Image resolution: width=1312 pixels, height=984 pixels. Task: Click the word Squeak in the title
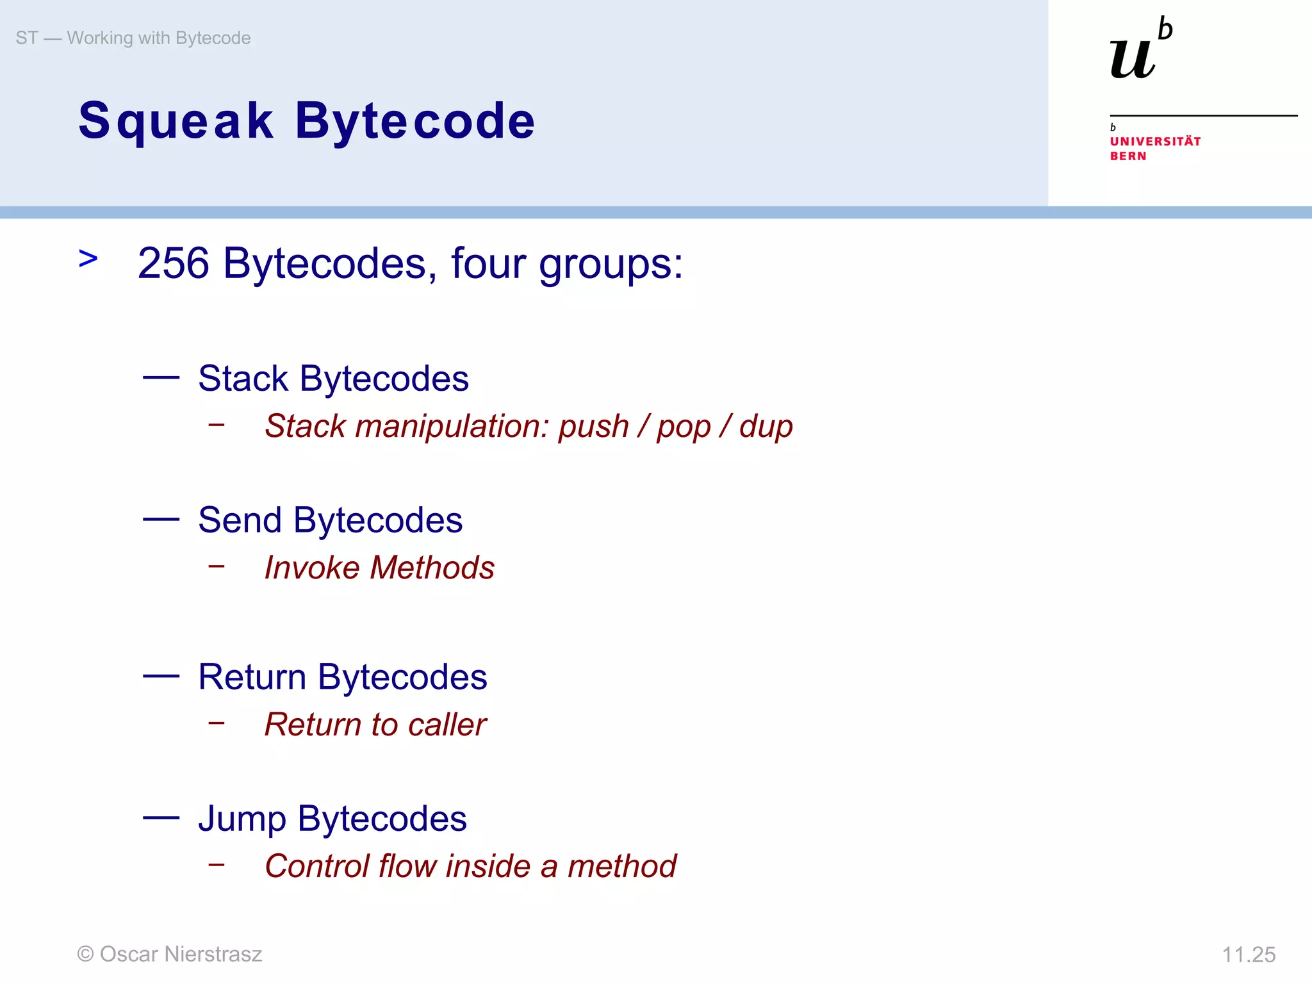pyautogui.click(x=176, y=122)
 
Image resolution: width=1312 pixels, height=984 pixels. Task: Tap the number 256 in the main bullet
pyautogui.click(x=174, y=263)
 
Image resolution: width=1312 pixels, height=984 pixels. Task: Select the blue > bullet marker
pyautogui.click(x=88, y=259)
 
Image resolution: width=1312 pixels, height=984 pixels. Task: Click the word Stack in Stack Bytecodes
pyautogui.click(x=243, y=378)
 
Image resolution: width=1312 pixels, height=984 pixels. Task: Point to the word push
pyautogui.click(x=593, y=427)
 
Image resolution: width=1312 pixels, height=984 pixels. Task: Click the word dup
pyautogui.click(x=766, y=427)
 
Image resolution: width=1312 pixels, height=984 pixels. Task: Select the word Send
pyautogui.click(x=240, y=520)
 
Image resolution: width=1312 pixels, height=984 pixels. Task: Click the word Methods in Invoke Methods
pyautogui.click(x=432, y=568)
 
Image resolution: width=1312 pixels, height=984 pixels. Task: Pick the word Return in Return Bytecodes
pyautogui.click(x=252, y=677)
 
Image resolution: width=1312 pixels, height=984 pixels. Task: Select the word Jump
pyautogui.click(x=242, y=819)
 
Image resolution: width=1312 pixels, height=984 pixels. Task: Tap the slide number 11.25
pyautogui.click(x=1249, y=955)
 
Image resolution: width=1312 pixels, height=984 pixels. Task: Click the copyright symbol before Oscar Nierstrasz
pyautogui.click(x=85, y=955)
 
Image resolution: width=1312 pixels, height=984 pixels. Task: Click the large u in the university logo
pyautogui.click(x=1133, y=59)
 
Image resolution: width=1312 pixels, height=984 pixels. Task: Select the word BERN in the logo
pyautogui.click(x=1128, y=156)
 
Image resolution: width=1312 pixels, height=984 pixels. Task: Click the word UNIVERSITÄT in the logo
pyautogui.click(x=1155, y=142)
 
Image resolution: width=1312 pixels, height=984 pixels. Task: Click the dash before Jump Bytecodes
pyautogui.click(x=161, y=817)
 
